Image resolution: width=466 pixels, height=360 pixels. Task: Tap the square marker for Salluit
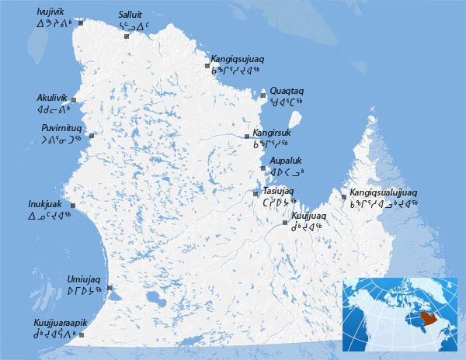coord(127,36)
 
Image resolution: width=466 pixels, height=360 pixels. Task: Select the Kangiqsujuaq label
coord(238,58)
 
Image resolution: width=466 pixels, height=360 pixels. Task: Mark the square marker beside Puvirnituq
coord(92,137)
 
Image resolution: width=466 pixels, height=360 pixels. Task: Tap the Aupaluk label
coord(286,159)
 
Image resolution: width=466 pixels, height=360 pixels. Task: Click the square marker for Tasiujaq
coord(256,193)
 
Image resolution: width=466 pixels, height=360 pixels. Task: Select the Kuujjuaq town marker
coord(285,223)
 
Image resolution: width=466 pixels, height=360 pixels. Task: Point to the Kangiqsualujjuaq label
coord(384,192)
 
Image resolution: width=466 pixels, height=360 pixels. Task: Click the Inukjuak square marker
coord(73,206)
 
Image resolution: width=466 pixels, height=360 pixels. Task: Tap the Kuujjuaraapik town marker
coord(81,335)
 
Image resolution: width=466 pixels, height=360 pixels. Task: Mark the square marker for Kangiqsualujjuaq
coord(344,197)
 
